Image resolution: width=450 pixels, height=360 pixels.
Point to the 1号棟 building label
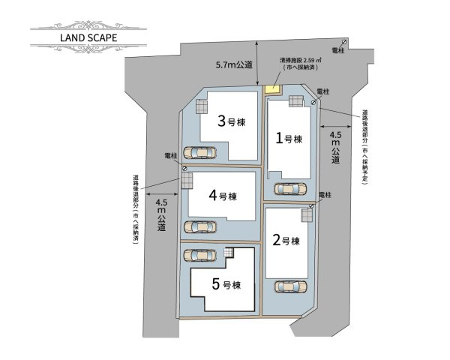pos(288,139)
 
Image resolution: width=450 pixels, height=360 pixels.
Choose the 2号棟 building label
pos(286,241)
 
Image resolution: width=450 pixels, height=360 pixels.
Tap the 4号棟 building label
pos(223,195)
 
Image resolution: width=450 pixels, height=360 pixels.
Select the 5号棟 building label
pos(226,285)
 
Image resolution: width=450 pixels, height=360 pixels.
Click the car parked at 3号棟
pos(201,152)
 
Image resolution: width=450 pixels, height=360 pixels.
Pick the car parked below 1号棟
pos(290,189)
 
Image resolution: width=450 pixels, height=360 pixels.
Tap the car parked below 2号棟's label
pos(290,286)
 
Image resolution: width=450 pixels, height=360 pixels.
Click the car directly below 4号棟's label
pos(199,226)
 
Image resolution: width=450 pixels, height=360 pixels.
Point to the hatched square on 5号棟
pos(229,253)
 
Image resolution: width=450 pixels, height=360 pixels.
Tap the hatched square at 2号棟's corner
pos(307,215)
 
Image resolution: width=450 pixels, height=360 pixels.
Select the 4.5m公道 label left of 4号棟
pos(161,214)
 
